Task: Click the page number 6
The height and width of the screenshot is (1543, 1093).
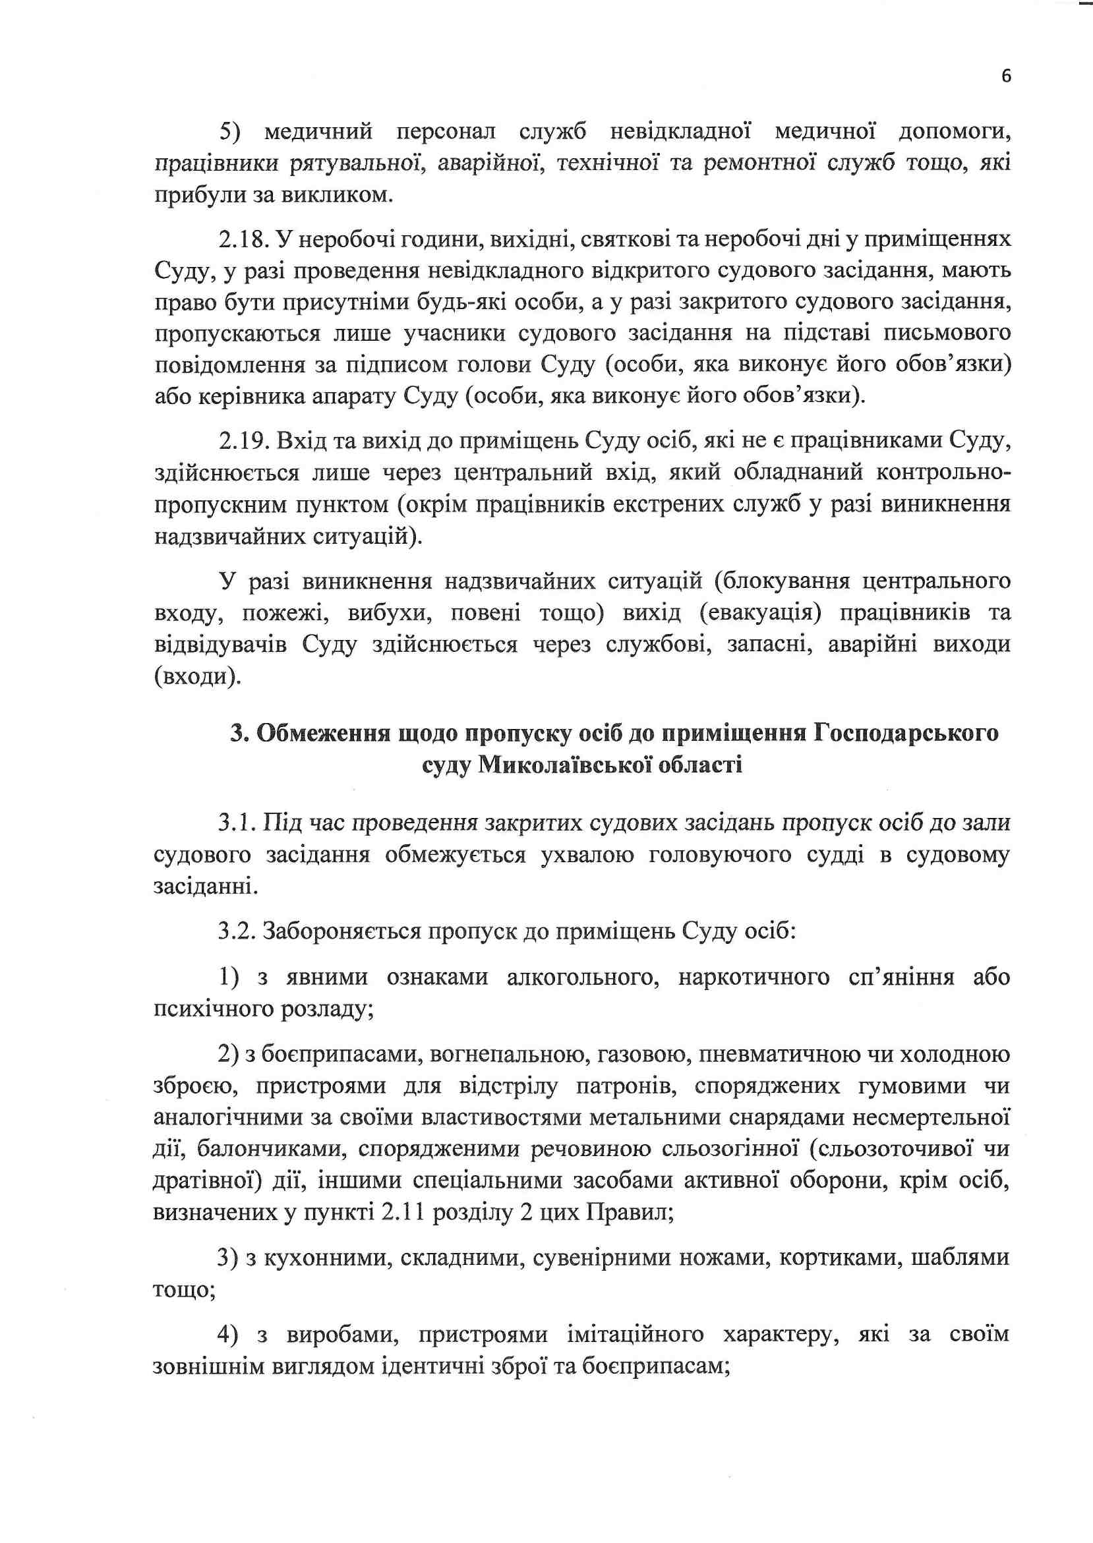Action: [x=1005, y=76]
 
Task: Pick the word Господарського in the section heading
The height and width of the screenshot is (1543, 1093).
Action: [x=906, y=733]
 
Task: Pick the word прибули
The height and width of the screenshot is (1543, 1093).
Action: [x=192, y=196]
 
